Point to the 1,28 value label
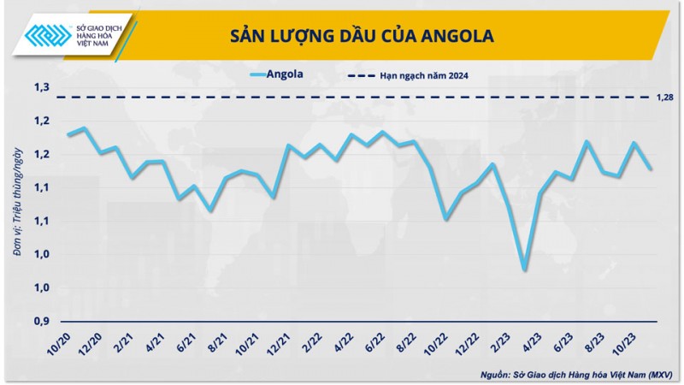pyautogui.click(x=664, y=98)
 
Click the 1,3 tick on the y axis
pyautogui.click(x=41, y=87)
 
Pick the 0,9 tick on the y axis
pyautogui.click(x=41, y=321)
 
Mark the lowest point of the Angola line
pyautogui.click(x=524, y=269)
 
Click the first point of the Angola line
pyautogui.click(x=68, y=135)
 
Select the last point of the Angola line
pyautogui.click(x=652, y=169)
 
